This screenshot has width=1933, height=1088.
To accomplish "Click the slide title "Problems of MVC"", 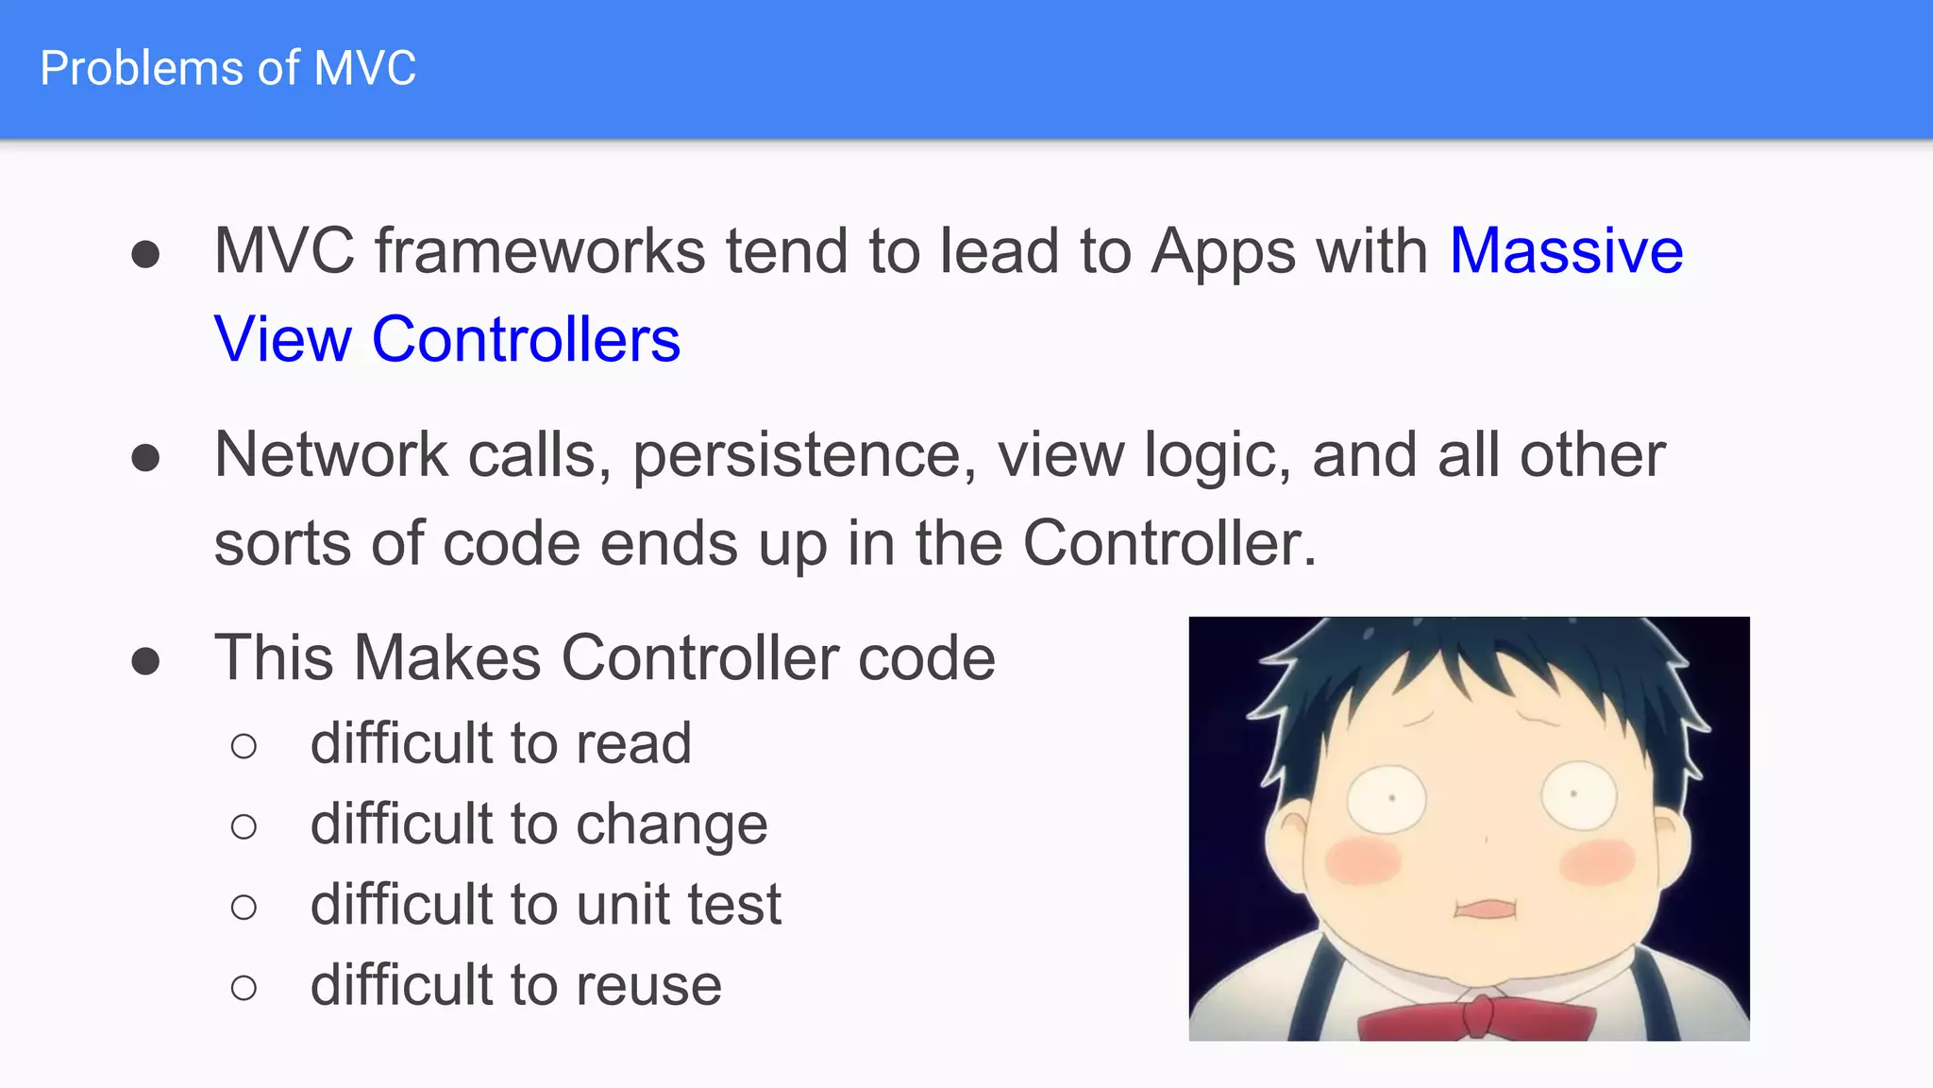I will coord(227,69).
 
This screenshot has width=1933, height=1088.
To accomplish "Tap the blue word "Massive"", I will coord(1566,251).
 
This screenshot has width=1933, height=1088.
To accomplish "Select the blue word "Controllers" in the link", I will coord(526,339).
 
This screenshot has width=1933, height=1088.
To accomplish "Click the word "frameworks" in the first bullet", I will coord(540,251).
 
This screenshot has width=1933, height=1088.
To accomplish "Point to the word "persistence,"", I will coord(804,455).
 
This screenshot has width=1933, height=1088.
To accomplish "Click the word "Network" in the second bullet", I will coord(330,455).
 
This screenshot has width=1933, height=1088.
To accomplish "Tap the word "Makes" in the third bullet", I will coord(448,657).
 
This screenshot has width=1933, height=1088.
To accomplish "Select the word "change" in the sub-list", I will coord(671,824).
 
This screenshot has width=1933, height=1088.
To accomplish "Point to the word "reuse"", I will coord(648,985).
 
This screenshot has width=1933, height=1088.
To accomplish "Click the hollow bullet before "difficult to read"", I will coord(244,746).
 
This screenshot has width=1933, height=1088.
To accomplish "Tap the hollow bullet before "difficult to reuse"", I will coord(244,988).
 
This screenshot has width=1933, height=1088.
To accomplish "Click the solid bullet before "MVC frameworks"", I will coord(145,254).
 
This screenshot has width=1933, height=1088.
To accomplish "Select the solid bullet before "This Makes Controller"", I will coord(145,661).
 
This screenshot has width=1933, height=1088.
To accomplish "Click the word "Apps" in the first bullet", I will coord(1223,253).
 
